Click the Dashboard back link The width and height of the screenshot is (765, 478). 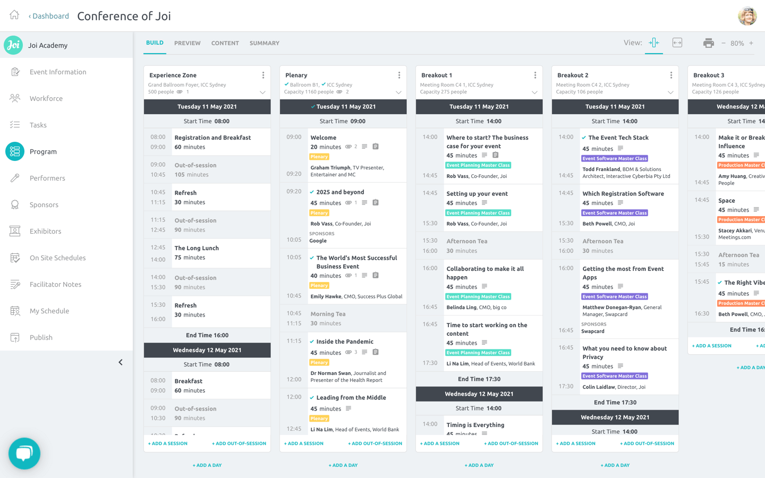pos(49,16)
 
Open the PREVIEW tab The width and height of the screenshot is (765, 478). pos(187,43)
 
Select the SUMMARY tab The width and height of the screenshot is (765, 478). pos(264,43)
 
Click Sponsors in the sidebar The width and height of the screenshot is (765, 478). pos(44,204)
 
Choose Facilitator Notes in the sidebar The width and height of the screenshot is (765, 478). pos(55,284)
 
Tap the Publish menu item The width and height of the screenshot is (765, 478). pos(41,337)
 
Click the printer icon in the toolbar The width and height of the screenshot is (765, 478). pos(708,43)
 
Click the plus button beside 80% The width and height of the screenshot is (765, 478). pos(751,43)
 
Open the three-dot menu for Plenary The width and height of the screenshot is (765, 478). pos(399,75)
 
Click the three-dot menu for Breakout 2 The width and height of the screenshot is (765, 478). pos(671,75)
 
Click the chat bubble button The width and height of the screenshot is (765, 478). pos(24,453)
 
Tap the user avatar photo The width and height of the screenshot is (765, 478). pos(747,16)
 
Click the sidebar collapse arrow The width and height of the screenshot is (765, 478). pos(121,362)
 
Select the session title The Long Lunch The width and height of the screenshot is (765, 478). pos(197,248)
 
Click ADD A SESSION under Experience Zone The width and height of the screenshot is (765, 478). pos(168,443)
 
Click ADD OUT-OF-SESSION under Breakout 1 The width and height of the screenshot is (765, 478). pos(511,443)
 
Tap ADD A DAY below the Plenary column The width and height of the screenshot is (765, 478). pos(343,465)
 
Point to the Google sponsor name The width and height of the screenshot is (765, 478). pos(318,241)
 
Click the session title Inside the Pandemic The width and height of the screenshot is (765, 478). pos(344,342)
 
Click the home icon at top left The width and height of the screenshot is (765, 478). pos(14,15)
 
